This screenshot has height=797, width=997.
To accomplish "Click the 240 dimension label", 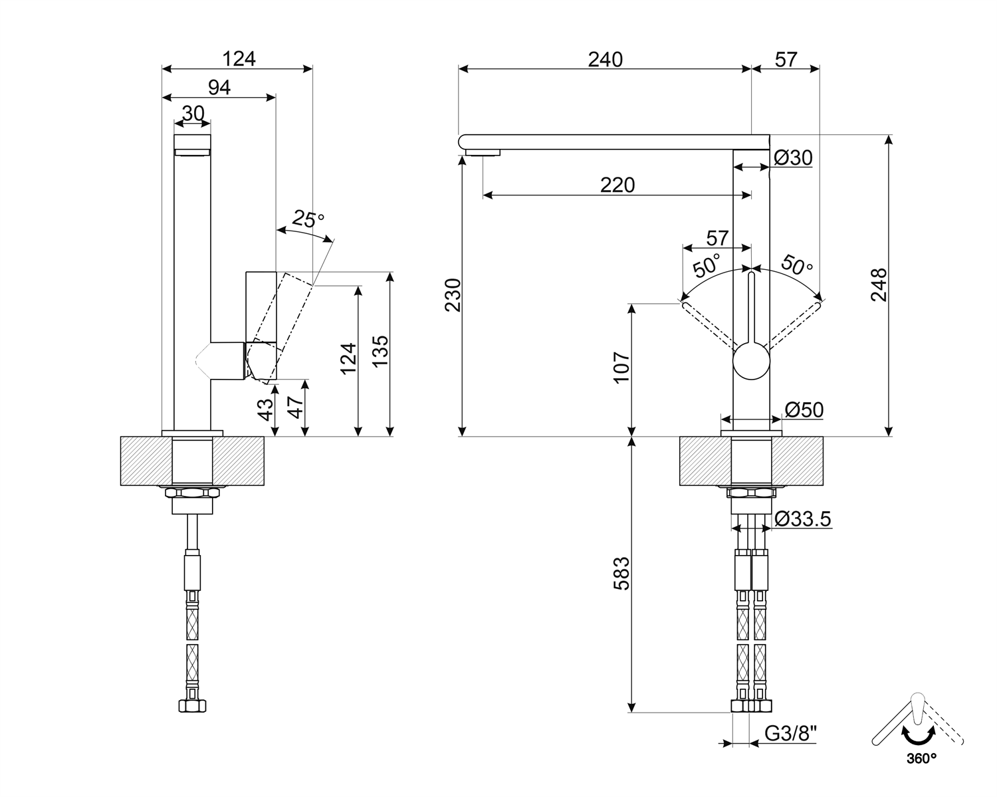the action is (x=605, y=60).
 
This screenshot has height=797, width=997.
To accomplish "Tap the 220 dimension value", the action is (x=617, y=185).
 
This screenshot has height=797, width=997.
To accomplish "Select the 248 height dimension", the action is (x=879, y=285).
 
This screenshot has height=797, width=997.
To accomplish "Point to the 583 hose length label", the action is (x=621, y=573).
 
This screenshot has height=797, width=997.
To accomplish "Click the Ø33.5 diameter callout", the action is (x=803, y=519).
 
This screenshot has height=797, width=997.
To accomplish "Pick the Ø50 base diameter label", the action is (x=804, y=409).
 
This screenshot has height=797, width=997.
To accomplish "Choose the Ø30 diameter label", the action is (x=793, y=158).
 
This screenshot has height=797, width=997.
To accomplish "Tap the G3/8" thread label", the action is (x=790, y=733).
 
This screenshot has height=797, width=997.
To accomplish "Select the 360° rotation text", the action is (x=921, y=758).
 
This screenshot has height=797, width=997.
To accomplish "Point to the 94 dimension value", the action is (x=219, y=87).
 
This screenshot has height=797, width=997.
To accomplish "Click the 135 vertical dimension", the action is (x=380, y=351).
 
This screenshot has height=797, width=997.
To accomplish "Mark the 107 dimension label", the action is (x=621, y=368).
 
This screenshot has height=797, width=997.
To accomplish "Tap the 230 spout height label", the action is (x=453, y=295).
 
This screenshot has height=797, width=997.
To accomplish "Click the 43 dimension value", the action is (x=266, y=409).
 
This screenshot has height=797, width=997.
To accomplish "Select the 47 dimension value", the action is (x=295, y=407).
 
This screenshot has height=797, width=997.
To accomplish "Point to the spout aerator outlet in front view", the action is (x=483, y=153).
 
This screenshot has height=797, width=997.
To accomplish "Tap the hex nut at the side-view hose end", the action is (x=192, y=706).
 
